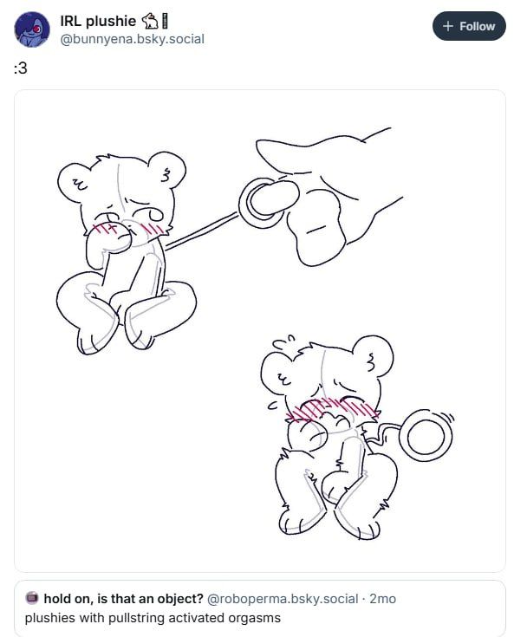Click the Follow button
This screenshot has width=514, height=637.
tap(469, 26)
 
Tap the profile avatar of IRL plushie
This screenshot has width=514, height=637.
tap(32, 29)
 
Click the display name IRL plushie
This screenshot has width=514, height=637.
tap(98, 21)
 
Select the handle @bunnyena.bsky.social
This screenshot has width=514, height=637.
tap(132, 39)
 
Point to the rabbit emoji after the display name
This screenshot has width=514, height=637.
tap(150, 21)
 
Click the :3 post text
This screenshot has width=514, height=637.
tap(20, 68)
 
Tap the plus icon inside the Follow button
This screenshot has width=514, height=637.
tap(448, 26)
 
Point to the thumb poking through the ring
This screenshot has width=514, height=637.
tap(274, 198)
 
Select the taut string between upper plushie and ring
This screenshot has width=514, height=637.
tap(201, 231)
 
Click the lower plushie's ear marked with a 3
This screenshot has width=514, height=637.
tap(373, 356)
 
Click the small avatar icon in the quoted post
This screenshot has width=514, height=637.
tap(32, 598)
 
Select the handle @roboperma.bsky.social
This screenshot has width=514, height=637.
tap(283, 599)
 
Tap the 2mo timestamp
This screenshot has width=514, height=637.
tap(382, 599)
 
